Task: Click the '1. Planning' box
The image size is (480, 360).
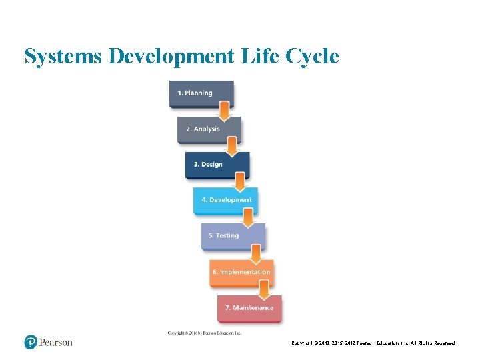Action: [201, 93]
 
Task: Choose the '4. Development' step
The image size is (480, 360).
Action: [226, 200]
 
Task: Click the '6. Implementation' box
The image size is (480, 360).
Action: [241, 272]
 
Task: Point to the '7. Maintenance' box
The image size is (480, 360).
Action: [249, 308]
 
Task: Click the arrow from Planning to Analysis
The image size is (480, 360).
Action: [225, 110]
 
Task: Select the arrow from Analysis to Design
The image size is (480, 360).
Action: [232, 145]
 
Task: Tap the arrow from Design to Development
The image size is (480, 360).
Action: [240, 181]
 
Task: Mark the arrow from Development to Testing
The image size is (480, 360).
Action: [248, 217]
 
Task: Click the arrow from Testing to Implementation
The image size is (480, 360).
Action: [256, 253]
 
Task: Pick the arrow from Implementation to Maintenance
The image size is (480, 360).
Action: [264, 289]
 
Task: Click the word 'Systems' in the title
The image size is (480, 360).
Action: [63, 57]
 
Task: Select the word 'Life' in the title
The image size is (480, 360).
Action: [259, 57]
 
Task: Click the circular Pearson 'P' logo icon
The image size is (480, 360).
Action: [31, 343]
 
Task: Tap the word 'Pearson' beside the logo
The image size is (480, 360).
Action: [55, 343]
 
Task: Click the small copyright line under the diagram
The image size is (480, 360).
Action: [205, 333]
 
